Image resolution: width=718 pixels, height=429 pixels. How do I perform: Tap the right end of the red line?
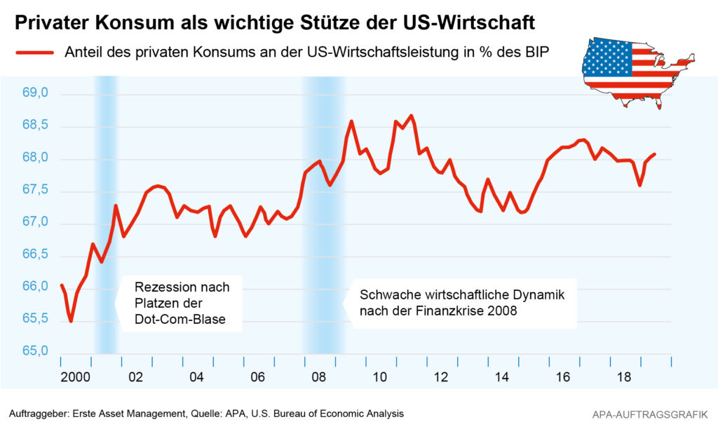pos(654,154)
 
